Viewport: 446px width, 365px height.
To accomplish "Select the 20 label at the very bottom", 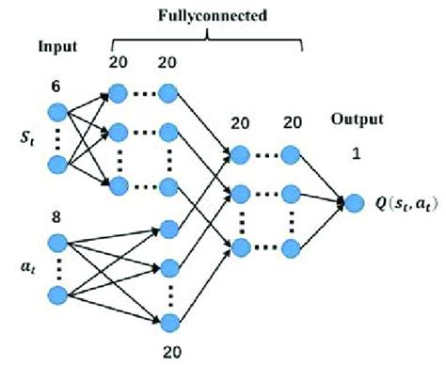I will [170, 354].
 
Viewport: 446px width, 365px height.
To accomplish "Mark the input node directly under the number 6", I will [57, 111].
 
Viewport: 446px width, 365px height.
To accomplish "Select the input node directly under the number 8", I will [57, 241].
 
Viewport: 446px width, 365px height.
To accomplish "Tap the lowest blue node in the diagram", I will [170, 324].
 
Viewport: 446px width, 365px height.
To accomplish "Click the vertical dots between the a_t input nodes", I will [57, 268].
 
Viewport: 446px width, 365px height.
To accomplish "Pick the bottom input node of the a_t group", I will [57, 296].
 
